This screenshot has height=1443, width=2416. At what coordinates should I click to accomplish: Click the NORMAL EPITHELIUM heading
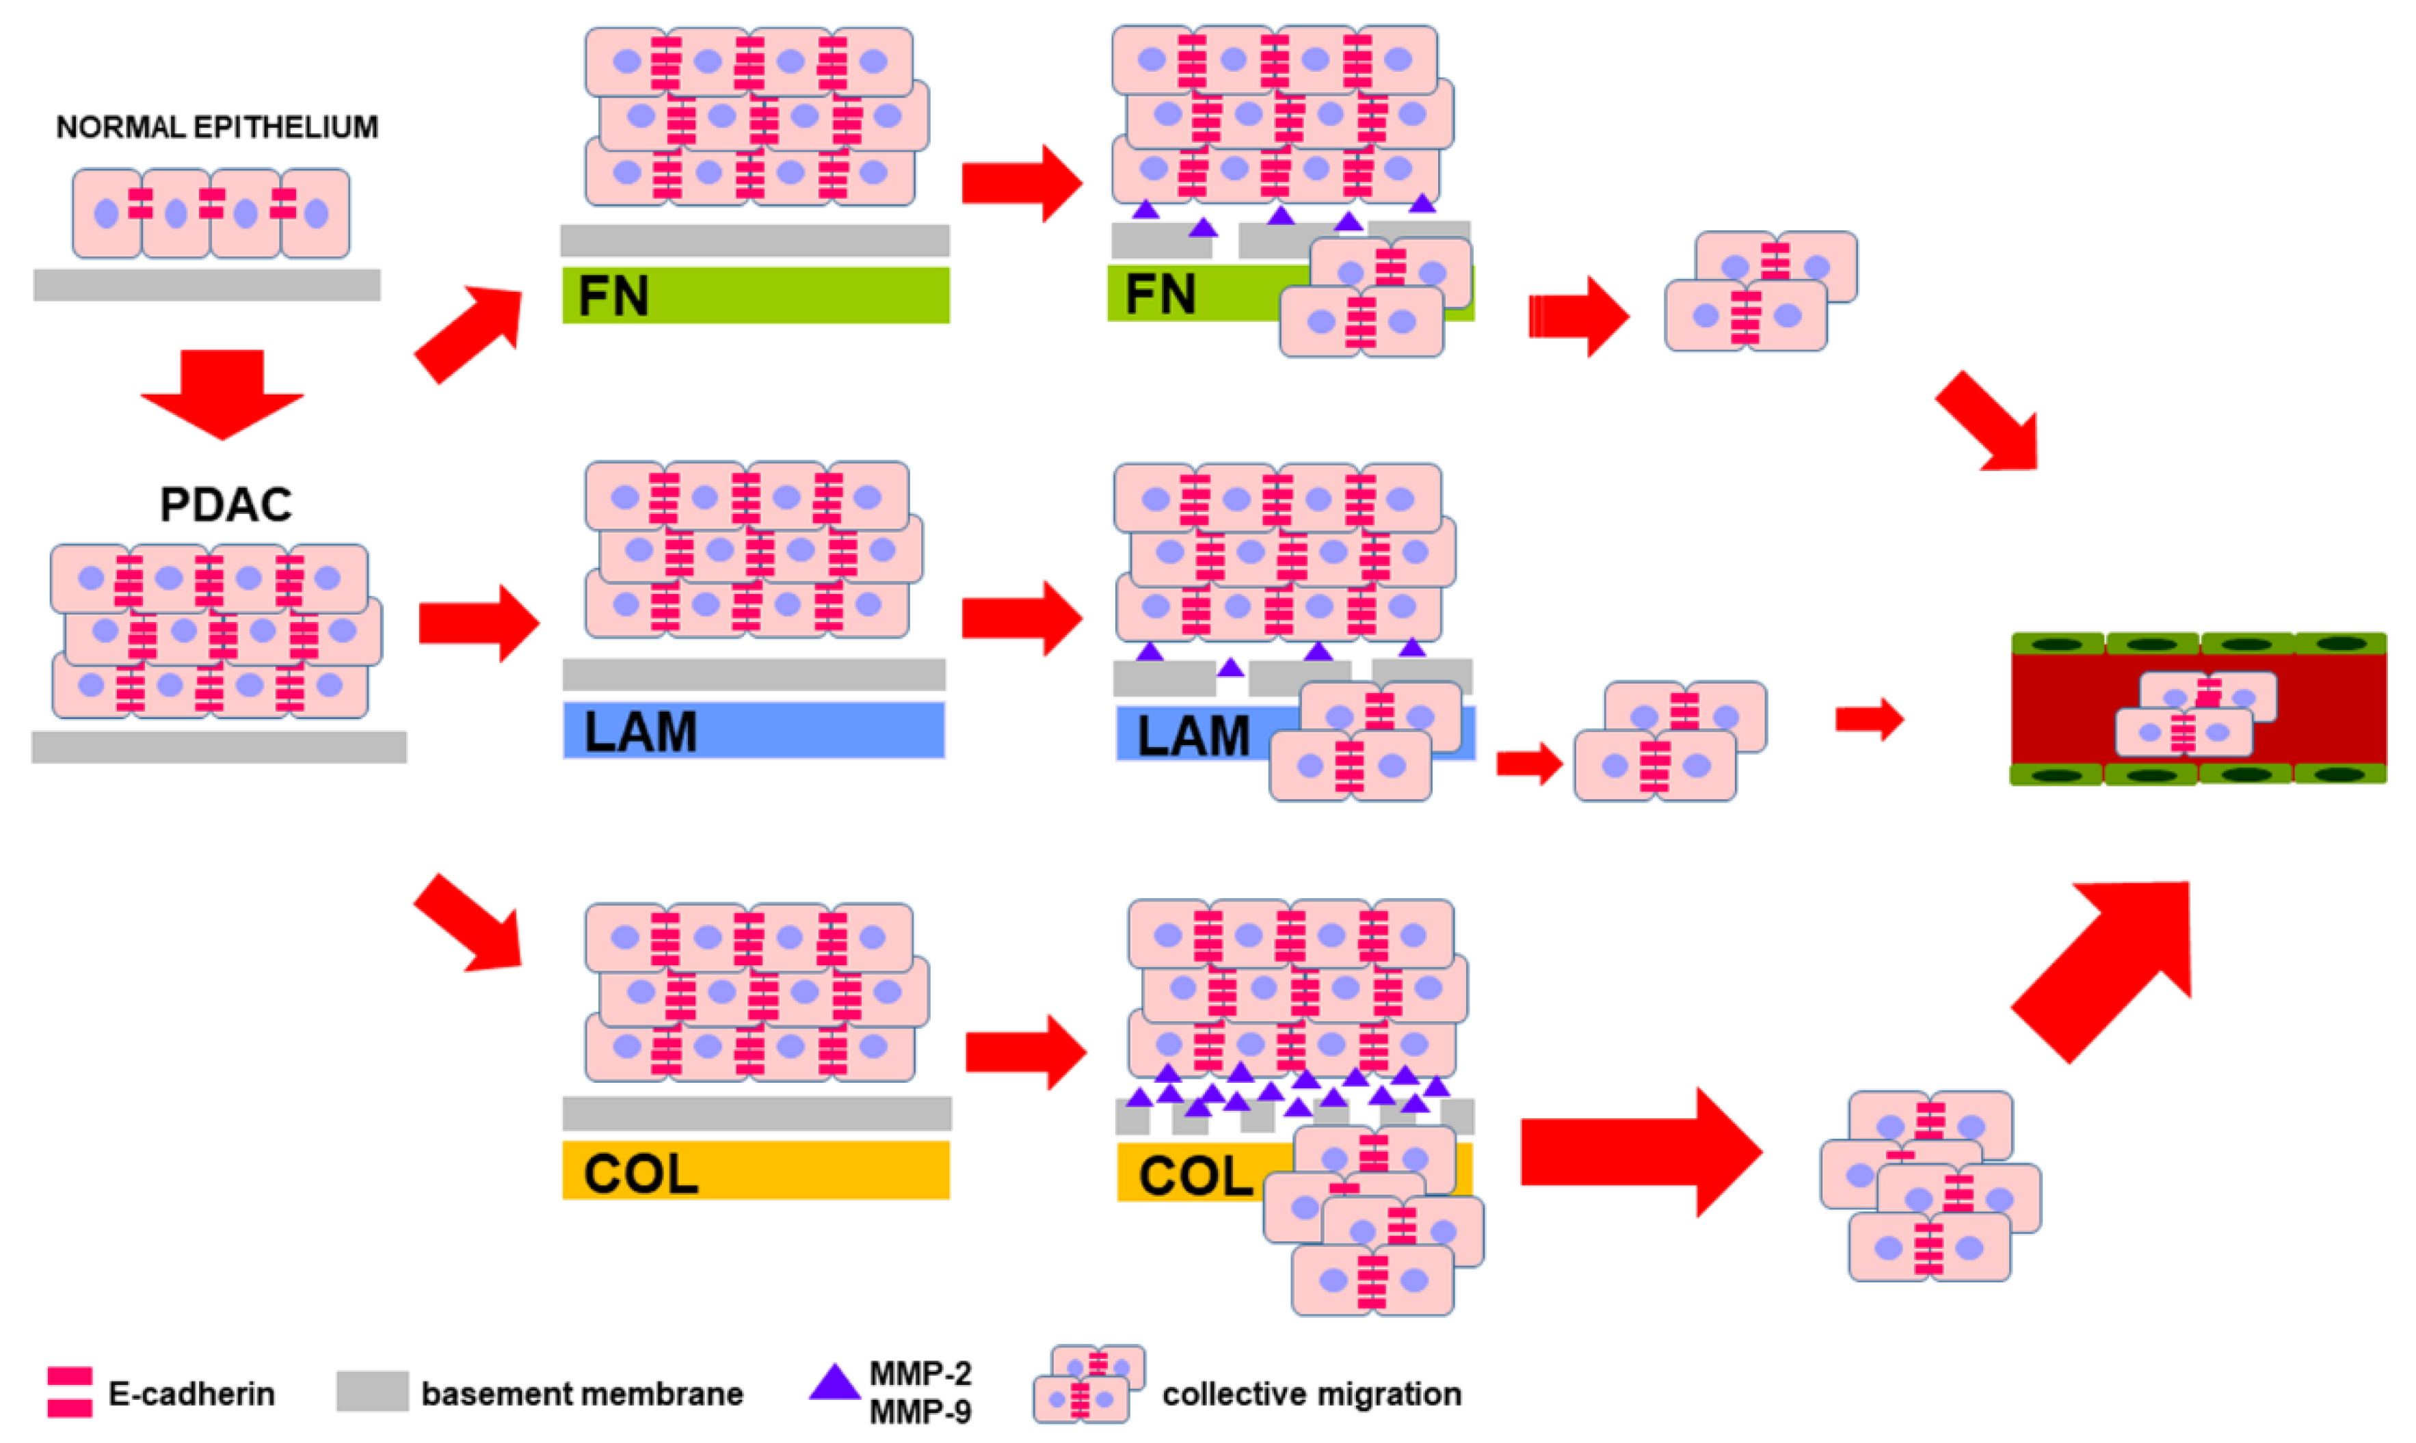pos(216,127)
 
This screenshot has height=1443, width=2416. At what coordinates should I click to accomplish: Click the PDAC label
pos(226,504)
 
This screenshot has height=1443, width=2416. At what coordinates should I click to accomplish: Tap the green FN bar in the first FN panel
pos(756,295)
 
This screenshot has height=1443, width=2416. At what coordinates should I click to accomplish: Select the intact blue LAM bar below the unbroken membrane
pos(754,730)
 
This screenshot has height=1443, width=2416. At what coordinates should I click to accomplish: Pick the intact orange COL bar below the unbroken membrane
pos(756,1171)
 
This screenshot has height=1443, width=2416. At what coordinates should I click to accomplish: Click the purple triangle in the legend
pos(834,1383)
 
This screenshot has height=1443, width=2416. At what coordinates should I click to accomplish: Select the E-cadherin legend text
pos(191,1393)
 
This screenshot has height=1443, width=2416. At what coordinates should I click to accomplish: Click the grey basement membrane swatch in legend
pos(371,1392)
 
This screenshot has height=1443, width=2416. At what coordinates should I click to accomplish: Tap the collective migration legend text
pos(1311,1393)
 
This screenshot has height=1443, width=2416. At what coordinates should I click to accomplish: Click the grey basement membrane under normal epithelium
pos(207,285)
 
